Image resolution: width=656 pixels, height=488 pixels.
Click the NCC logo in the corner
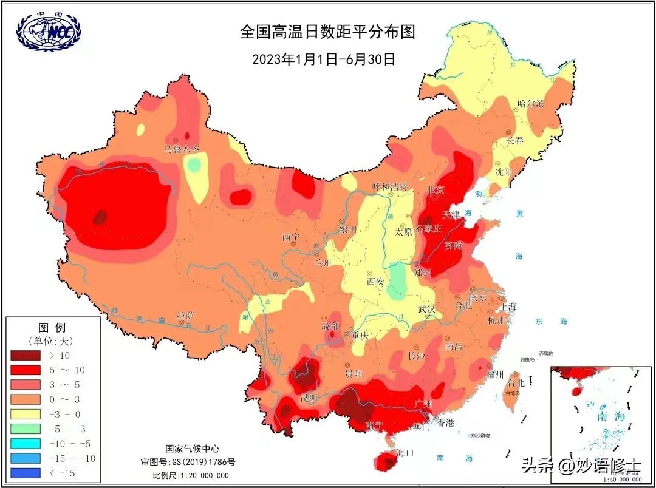coord(49,30)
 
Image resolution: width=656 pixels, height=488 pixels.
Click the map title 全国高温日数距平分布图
coord(327,32)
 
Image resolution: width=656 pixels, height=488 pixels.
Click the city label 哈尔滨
coord(530,104)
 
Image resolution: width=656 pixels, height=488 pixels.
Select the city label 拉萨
coord(185,316)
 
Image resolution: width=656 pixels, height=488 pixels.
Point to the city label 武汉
coord(426,309)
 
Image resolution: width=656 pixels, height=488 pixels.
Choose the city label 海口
coord(405,453)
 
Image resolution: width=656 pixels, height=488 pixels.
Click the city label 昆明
coord(308,398)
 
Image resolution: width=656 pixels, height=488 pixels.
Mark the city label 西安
coord(375,281)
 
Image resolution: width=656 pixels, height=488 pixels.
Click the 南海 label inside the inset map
coord(610,416)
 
